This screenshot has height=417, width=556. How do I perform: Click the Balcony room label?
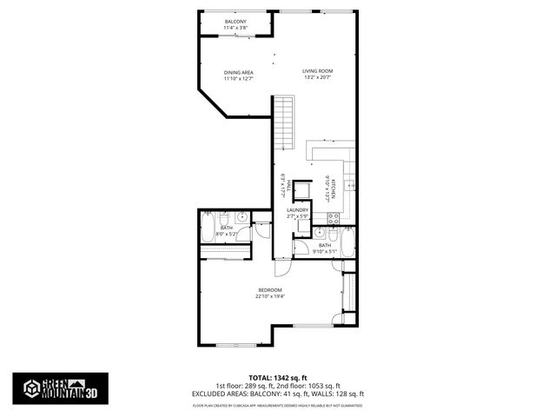tap(235, 21)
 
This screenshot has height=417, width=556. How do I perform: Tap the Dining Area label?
tap(238, 72)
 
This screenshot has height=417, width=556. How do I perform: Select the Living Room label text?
tap(318, 71)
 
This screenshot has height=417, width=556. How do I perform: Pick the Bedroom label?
tap(270, 289)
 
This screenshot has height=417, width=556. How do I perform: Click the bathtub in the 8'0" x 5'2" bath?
tap(208, 230)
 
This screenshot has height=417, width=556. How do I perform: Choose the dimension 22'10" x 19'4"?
tap(270, 296)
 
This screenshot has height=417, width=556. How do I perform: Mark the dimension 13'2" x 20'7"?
tap(318, 78)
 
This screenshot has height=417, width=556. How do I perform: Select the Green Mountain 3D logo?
tap(61, 387)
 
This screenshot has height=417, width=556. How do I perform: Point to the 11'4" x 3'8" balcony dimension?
tap(235, 28)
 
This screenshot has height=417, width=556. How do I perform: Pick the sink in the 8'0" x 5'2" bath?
tap(242, 217)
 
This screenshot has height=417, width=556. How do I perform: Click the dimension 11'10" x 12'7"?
tap(238, 79)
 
